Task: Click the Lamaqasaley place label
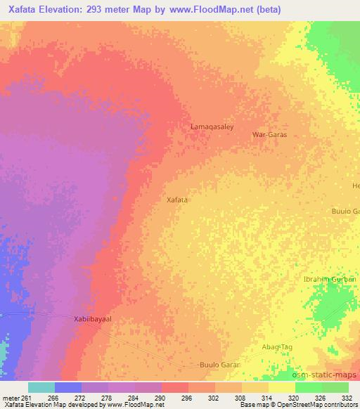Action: coord(212,127)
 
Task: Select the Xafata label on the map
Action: coord(176,200)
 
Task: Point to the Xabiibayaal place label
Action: coord(94,318)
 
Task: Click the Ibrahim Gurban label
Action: coord(329,280)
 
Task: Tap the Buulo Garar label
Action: coord(219,365)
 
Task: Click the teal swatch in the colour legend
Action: coord(41,387)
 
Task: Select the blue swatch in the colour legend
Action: coord(68,387)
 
